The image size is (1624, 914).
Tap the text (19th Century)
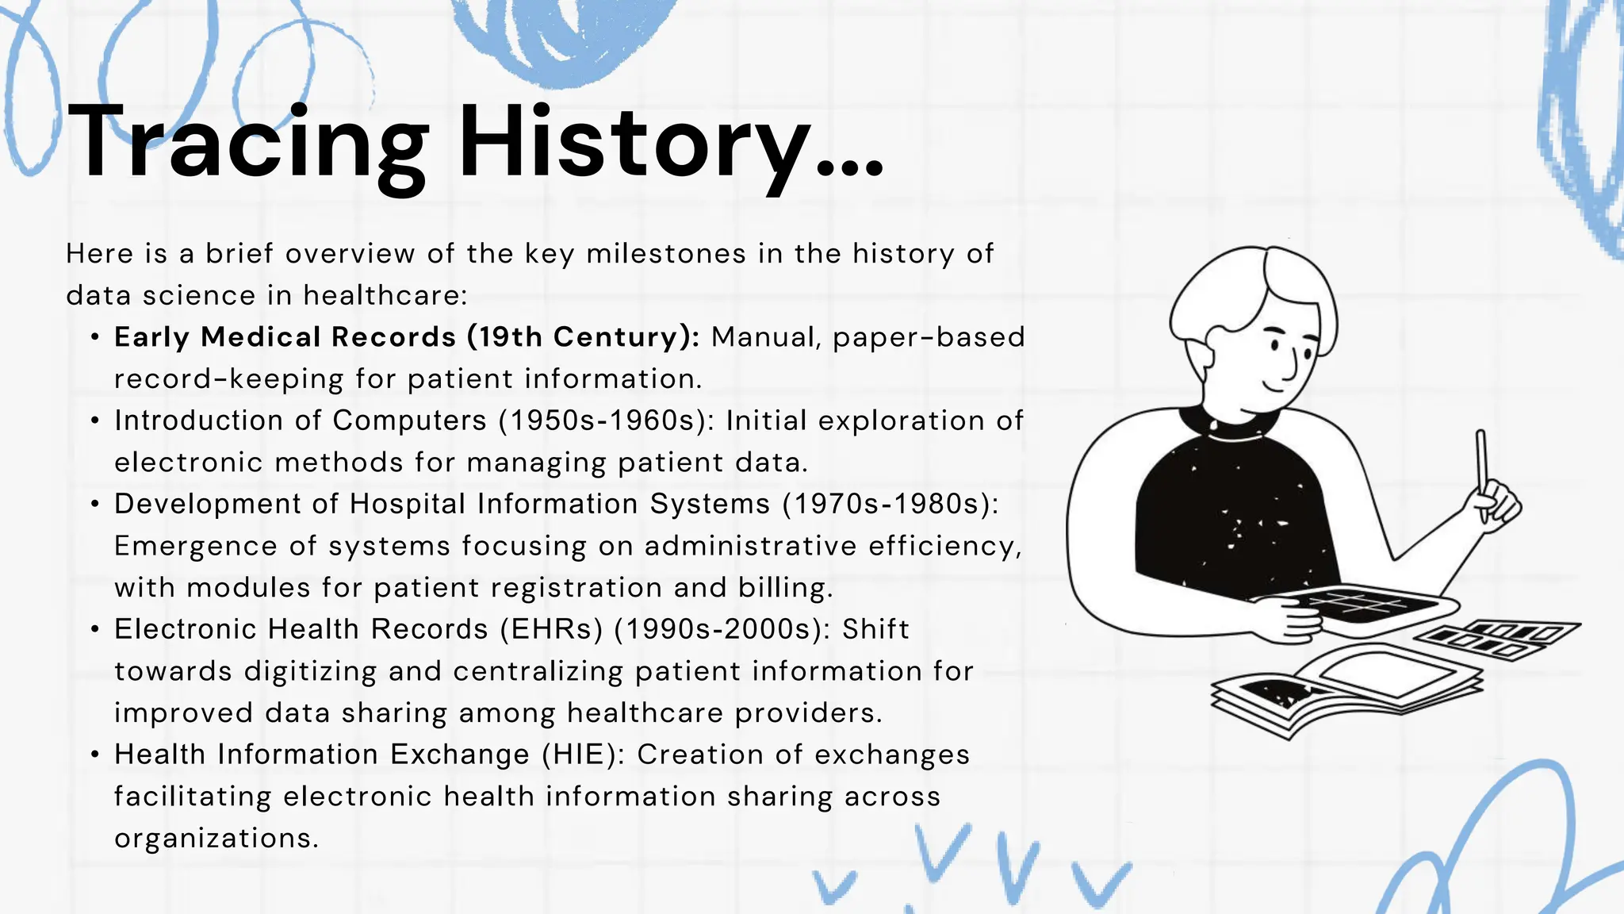583,337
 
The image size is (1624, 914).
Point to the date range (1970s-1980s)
891,504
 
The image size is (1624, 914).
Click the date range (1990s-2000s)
722,629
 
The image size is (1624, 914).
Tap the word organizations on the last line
216,839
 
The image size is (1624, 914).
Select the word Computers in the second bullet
409,421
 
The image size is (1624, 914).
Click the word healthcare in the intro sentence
385,296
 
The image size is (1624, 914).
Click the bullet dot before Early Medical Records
95,338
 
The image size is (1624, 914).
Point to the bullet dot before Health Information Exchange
95,755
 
